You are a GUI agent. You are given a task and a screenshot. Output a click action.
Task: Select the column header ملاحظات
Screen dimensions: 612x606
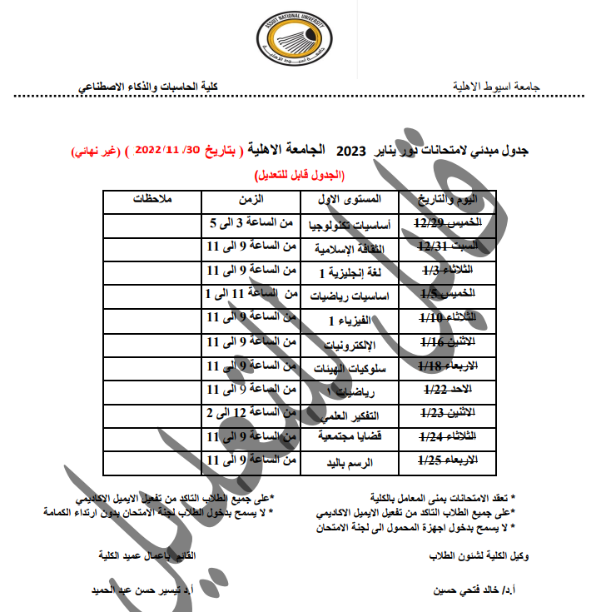153,200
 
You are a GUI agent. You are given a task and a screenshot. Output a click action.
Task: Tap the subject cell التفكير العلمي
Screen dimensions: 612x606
350,414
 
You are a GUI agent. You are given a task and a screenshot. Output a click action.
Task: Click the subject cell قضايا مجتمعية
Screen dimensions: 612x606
350,438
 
